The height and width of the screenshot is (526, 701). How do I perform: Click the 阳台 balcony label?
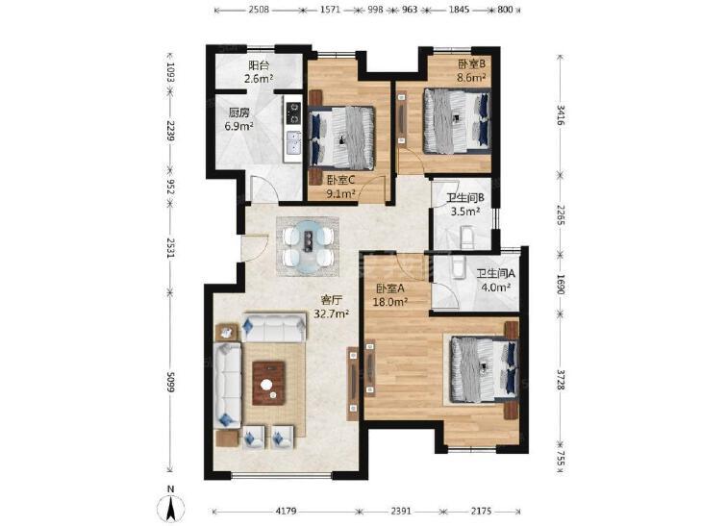tap(259, 65)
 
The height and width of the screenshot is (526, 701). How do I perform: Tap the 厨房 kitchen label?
tap(239, 113)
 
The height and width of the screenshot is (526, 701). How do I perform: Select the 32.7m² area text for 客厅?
tap(332, 313)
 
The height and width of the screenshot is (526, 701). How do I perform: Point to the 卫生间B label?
tap(465, 197)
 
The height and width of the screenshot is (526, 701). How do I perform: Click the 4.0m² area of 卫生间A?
tap(496, 288)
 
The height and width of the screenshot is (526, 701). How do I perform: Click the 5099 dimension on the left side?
tap(170, 381)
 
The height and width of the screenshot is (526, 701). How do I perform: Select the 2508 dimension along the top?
tap(259, 9)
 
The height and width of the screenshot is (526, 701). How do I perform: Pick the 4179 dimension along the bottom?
tap(286, 511)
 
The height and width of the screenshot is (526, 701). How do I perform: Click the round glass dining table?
tap(308, 246)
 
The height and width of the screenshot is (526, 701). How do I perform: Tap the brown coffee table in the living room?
tap(268, 384)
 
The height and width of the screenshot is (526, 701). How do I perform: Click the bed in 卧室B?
tap(457, 120)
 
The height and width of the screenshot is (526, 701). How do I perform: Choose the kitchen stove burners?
tap(293, 113)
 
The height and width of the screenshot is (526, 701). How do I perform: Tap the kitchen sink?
tap(293, 143)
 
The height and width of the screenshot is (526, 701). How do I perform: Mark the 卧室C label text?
tap(340, 180)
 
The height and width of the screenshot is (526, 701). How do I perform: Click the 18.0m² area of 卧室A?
tap(389, 302)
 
